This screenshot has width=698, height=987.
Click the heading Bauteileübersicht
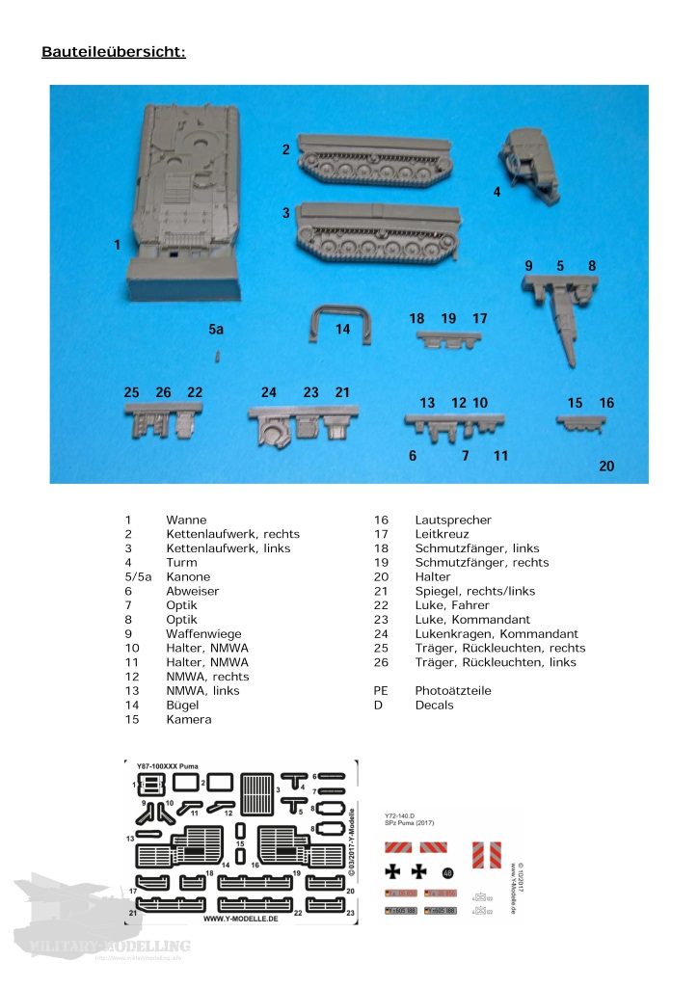113,51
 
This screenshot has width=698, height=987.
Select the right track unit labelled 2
376,161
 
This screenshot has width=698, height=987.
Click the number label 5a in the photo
216,330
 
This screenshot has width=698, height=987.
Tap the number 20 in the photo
605,467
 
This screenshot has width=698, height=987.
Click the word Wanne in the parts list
186,520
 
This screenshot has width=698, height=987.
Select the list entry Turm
181,563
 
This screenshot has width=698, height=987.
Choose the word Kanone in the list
188,577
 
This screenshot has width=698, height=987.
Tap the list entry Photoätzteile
453,691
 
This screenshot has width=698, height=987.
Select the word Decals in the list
434,706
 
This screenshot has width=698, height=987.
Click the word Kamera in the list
188,720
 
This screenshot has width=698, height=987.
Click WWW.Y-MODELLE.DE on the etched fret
241,918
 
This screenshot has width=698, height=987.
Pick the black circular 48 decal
447,873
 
